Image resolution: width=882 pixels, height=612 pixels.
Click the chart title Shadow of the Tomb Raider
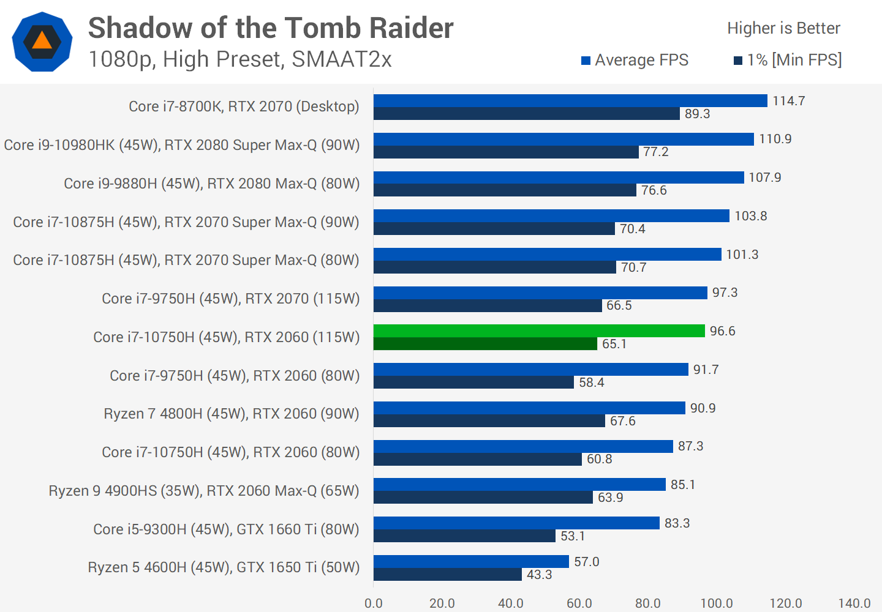[x=271, y=28]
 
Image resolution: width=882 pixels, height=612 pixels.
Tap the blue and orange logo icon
[x=42, y=42]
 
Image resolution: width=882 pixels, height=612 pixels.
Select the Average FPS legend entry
[x=635, y=60]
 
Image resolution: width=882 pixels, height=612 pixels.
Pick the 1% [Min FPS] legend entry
[x=788, y=60]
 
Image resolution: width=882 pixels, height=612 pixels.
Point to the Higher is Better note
[x=783, y=28]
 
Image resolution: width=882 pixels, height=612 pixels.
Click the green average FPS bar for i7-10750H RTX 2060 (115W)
[x=539, y=331]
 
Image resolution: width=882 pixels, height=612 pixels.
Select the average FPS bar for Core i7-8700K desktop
[x=570, y=100]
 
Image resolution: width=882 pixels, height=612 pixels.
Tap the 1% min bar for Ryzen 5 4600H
[x=448, y=575]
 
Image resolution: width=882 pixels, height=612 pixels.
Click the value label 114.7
[x=788, y=101]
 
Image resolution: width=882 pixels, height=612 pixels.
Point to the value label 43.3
[x=539, y=575]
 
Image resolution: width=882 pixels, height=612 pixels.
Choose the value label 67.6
[x=622, y=421]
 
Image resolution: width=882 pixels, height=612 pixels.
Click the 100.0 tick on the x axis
[x=716, y=603]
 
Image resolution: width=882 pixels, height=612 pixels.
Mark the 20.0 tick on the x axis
[x=442, y=603]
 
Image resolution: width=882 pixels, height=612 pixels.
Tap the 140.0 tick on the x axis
[x=854, y=603]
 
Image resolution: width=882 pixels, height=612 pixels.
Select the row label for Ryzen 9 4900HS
[x=204, y=491]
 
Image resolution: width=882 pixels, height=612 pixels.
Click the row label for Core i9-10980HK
[x=182, y=145]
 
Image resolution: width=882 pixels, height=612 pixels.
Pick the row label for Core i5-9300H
[x=226, y=529]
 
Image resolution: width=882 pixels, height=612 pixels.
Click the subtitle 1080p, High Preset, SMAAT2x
[x=239, y=59]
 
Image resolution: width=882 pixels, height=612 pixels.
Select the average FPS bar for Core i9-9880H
[x=559, y=177]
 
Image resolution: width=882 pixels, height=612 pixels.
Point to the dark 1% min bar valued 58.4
[x=473, y=382]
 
